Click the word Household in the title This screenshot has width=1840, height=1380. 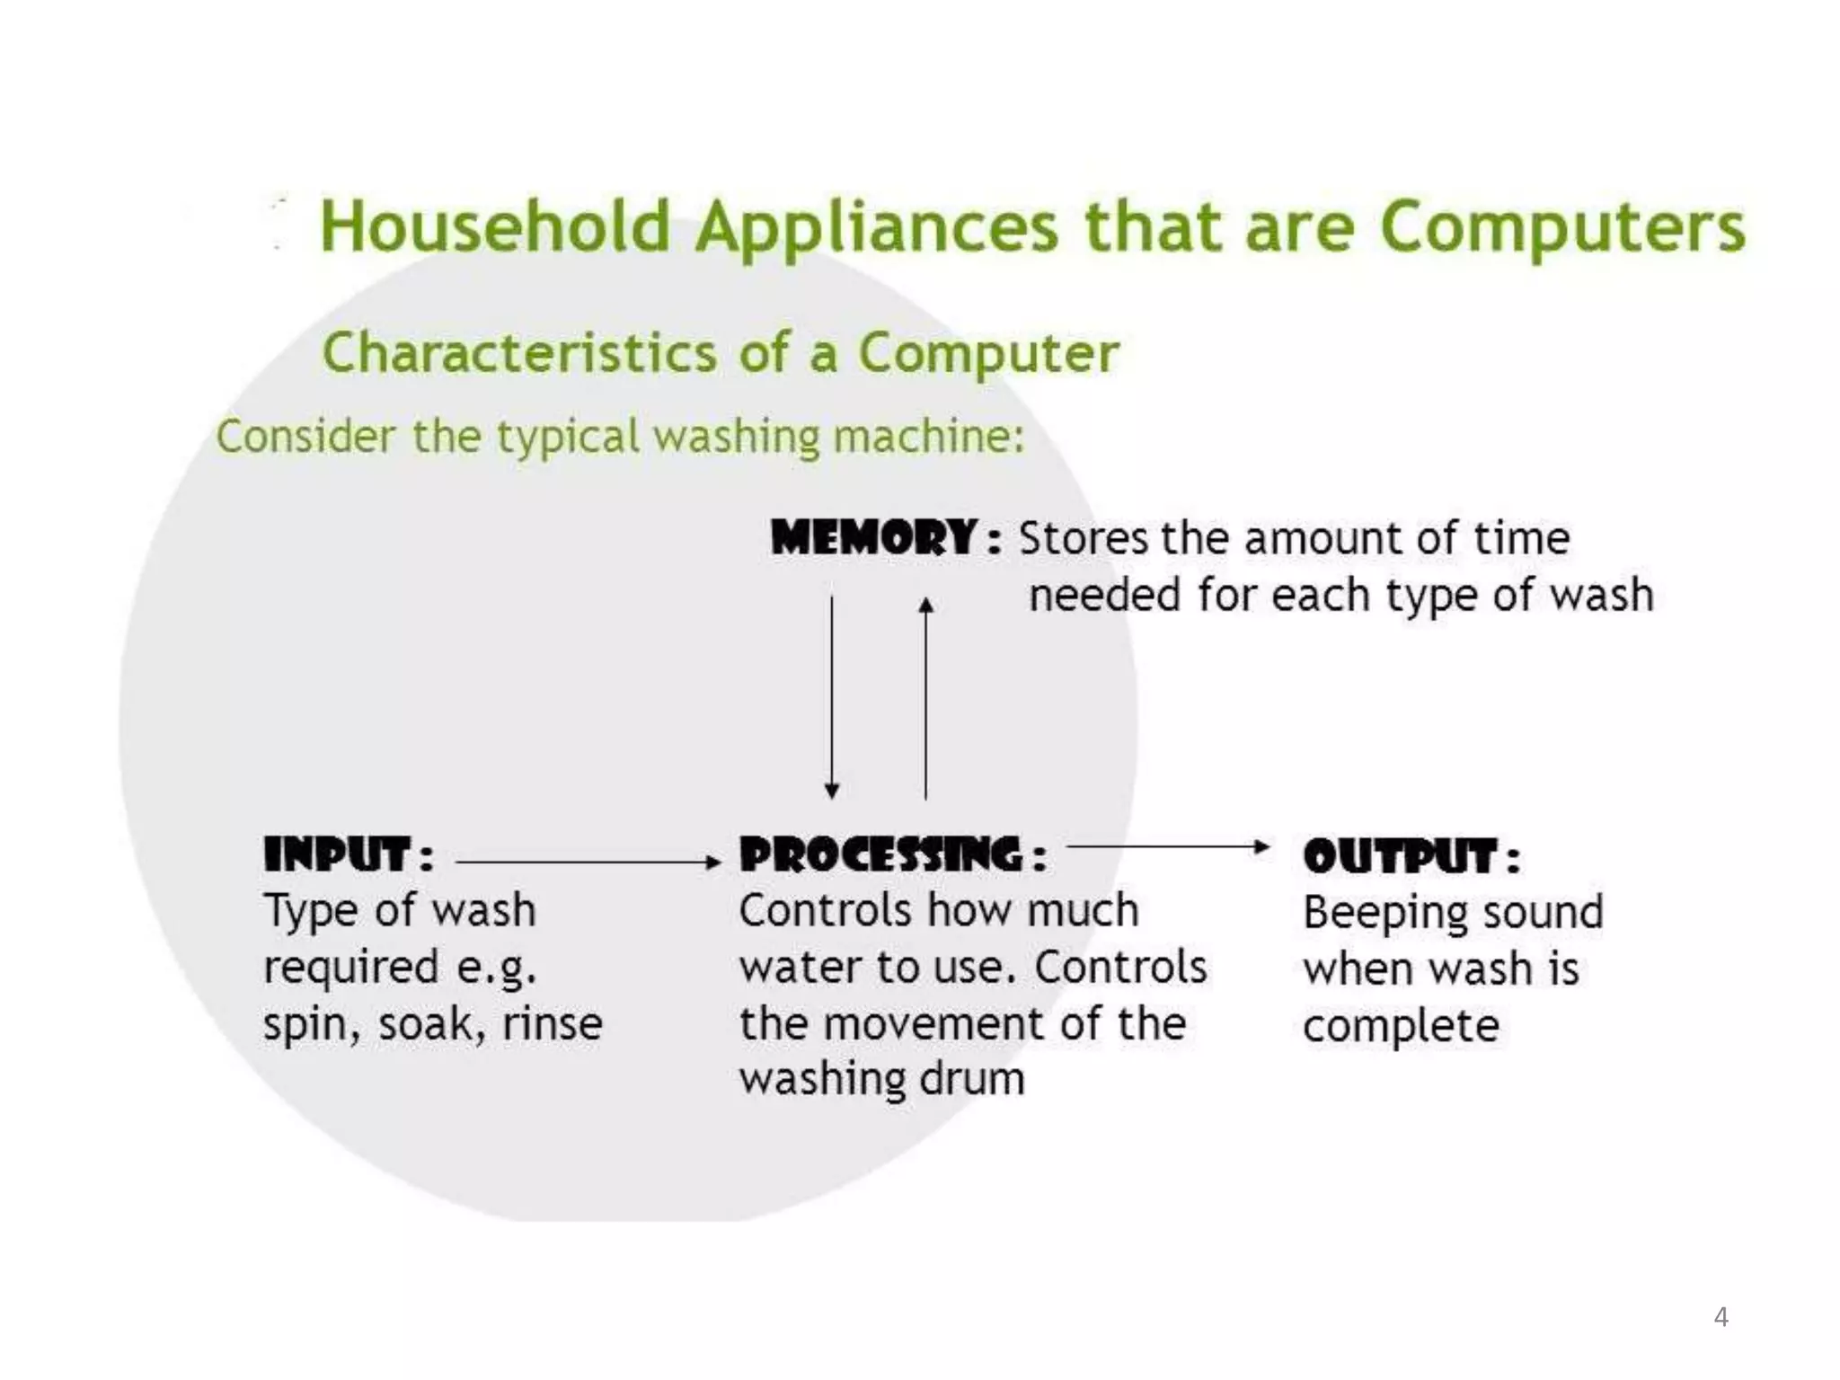pyautogui.click(x=495, y=226)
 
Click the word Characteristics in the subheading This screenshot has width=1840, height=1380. pyautogui.click(x=519, y=352)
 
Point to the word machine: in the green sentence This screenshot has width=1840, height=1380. pyautogui.click(x=929, y=437)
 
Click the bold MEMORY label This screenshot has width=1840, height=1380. pyautogui.click(x=874, y=538)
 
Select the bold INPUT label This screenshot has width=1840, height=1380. pyautogui.click(x=338, y=854)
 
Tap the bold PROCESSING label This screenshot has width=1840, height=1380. pyautogui.click(x=880, y=854)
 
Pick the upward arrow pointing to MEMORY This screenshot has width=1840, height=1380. pyautogui.click(x=926, y=696)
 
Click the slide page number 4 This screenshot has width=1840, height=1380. pyautogui.click(x=1721, y=1316)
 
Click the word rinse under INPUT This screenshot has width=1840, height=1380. pyautogui.click(x=553, y=1024)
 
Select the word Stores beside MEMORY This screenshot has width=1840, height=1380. pyautogui.click(x=1084, y=539)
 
